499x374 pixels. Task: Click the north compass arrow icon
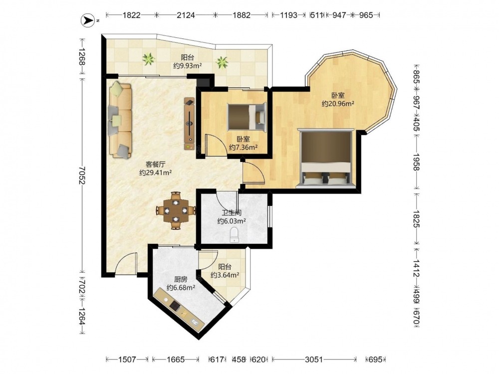pos(87,20)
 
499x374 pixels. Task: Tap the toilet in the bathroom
pos(234,235)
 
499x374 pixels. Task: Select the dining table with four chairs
pos(176,210)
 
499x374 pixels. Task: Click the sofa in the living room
pos(120,120)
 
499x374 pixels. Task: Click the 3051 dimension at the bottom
pos(314,360)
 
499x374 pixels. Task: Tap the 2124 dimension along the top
pos(186,15)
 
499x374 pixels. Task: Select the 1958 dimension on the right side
pos(417,162)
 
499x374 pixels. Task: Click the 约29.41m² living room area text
pos(156,173)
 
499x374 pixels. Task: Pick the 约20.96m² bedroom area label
pos(338,104)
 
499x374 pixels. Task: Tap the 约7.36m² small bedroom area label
pos(243,147)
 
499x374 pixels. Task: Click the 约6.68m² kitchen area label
pos(181,288)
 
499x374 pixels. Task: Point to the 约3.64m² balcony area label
pos(225,275)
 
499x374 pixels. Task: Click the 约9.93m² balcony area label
pos(188,66)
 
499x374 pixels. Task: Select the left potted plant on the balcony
pos(148,59)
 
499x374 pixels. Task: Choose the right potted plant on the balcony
pos(222,62)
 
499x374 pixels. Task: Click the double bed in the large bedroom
pos(326,159)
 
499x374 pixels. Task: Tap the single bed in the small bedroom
pos(247,117)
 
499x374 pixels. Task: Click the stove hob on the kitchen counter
pos(175,305)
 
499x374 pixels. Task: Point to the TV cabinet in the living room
pos(190,123)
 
